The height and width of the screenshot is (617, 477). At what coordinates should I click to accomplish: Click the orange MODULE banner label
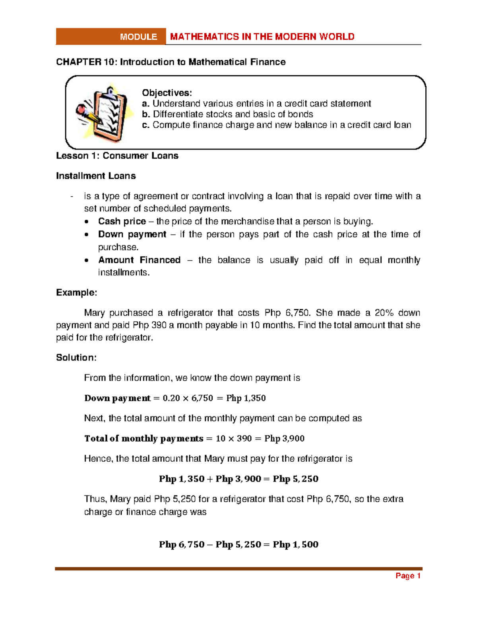point(138,37)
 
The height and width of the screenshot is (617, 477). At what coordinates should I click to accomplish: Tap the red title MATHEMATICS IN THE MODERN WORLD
point(262,37)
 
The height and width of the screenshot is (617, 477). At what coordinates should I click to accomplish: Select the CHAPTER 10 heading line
point(171,62)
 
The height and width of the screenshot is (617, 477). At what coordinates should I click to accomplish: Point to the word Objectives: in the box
point(167,93)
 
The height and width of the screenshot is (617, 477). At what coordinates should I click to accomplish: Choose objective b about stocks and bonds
point(227,114)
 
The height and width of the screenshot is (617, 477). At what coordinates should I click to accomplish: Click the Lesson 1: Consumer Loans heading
point(117,156)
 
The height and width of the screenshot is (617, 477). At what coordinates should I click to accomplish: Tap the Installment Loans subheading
point(96,176)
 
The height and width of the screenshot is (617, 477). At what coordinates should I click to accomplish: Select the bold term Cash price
point(122,221)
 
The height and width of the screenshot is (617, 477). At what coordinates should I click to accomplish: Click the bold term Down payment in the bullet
point(132,234)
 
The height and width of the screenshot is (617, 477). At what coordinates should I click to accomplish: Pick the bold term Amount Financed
point(139,260)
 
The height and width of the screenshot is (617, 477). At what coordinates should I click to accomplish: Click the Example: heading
point(76,293)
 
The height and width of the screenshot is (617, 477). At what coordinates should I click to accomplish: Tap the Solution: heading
point(76,358)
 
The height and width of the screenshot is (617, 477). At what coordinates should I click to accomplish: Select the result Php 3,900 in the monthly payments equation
point(284,439)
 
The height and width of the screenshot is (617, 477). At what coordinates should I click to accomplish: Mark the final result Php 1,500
point(295,545)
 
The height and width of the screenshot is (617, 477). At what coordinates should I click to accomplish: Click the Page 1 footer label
point(408,576)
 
